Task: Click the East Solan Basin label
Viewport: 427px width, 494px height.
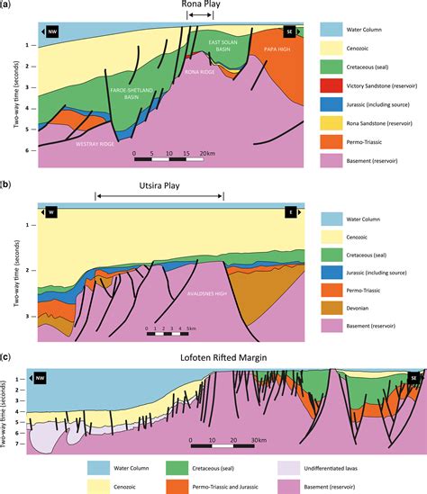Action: tap(220, 46)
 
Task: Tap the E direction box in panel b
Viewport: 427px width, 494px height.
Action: tap(290, 211)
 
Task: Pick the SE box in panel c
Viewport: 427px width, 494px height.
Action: tap(413, 378)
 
